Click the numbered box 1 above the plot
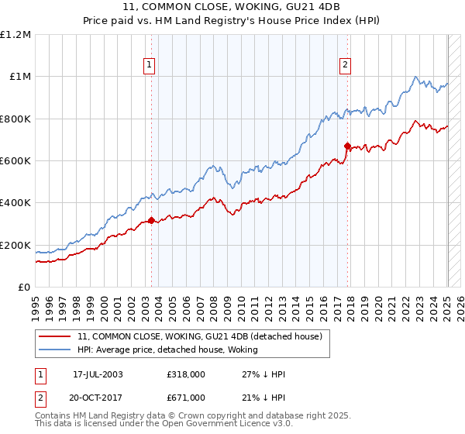[x=148, y=66]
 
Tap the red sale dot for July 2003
[x=152, y=220]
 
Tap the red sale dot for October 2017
[x=348, y=146]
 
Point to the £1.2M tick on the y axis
[x=16, y=34]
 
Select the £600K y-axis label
[x=15, y=161]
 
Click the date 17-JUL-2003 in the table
[x=98, y=374]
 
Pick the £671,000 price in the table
[x=186, y=397]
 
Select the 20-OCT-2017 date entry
[x=98, y=397]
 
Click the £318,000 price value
[x=186, y=374]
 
